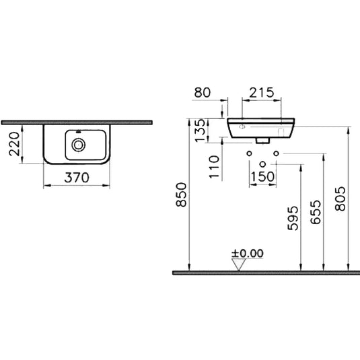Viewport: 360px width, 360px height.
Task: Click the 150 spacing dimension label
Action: pos(262,177)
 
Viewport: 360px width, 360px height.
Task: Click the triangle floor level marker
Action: pos(237,264)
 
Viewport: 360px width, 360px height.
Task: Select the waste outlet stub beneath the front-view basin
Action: pos(262,142)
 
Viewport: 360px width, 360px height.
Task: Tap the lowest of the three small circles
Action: pos(262,164)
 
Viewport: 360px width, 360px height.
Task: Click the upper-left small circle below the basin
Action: pos(249,154)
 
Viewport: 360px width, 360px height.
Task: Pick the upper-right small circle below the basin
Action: pos(275,154)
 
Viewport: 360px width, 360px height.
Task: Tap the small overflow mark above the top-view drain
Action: pos(80,130)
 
